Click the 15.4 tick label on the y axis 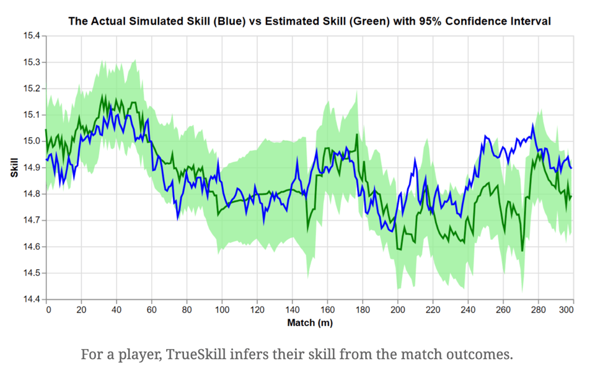31,36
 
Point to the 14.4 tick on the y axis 31,299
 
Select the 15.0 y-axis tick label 31,141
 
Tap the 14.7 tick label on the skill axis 31,220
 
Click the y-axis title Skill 14,167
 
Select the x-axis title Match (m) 310,323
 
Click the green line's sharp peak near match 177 357,135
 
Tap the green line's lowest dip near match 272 522,251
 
